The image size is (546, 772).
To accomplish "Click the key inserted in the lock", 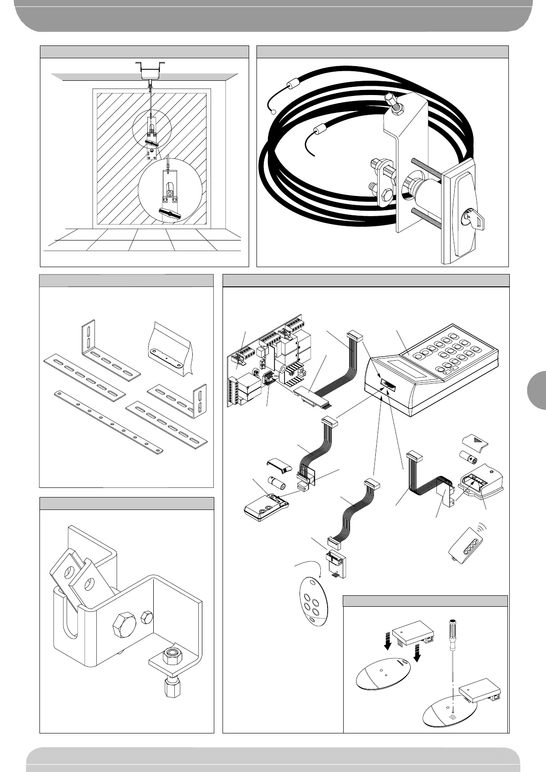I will (x=475, y=219).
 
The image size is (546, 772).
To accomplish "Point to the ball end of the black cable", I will (x=273, y=111).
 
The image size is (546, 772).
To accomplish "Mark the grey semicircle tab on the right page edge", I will (x=535, y=387).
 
